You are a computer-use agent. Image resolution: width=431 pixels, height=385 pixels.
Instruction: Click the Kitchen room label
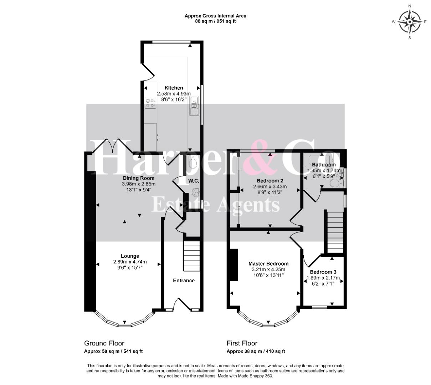point(174,88)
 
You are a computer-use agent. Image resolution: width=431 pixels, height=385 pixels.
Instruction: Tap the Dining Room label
point(138,178)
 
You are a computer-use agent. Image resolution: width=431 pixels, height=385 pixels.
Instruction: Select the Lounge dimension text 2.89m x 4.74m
point(130,262)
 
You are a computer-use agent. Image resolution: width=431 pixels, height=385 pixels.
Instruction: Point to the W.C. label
point(194,181)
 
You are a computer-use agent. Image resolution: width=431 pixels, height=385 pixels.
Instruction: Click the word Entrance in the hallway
point(184,281)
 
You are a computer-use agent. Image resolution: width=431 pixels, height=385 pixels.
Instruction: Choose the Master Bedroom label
point(268,264)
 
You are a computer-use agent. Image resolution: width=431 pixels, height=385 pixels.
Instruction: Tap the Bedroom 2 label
point(270,181)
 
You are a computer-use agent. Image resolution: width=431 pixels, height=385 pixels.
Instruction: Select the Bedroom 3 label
point(323,272)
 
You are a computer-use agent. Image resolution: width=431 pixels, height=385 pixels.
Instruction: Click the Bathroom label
point(324,165)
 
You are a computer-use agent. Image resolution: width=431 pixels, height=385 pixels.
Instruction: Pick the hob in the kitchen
point(150,103)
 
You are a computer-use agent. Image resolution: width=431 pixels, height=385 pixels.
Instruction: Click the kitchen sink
point(194,106)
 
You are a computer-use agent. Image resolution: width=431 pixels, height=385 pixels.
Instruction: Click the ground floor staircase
point(191,256)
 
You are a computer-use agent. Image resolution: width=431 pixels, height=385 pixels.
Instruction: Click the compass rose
point(410,22)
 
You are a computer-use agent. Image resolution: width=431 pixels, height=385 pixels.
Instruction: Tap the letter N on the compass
point(410,6)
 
